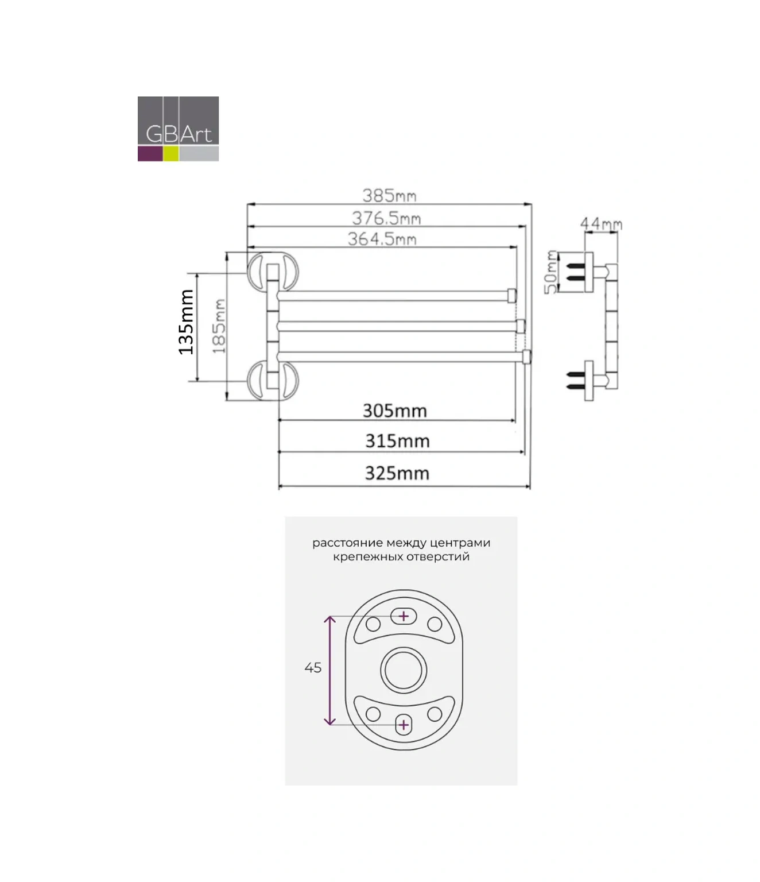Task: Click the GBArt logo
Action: coord(178,129)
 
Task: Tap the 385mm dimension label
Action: coord(389,196)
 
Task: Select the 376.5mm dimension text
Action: coord(386,218)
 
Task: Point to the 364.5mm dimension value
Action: coord(382,239)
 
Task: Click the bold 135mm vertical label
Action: coord(186,322)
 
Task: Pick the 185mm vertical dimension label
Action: coord(219,326)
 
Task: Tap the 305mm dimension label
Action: coord(394,411)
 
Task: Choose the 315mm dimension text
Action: coord(397,441)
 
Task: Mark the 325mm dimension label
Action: coord(397,474)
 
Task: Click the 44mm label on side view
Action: coord(600,223)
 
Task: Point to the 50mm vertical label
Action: coord(551,272)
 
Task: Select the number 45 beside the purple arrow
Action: coord(313,668)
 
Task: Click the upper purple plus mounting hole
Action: coord(404,616)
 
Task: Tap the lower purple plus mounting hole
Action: coord(404,725)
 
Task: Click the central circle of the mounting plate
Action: coord(404,670)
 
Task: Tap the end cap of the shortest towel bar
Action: coord(513,295)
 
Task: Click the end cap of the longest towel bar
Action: coord(526,357)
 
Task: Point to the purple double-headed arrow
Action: coord(329,670)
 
